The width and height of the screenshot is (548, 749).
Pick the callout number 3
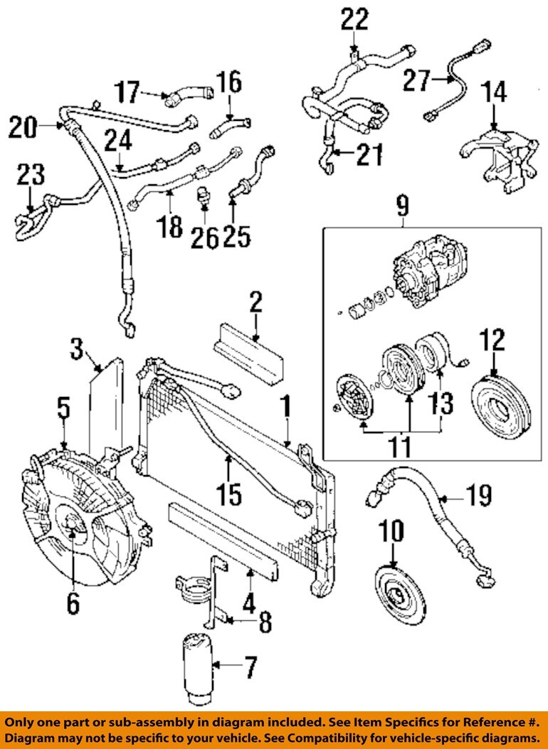pos(78,349)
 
